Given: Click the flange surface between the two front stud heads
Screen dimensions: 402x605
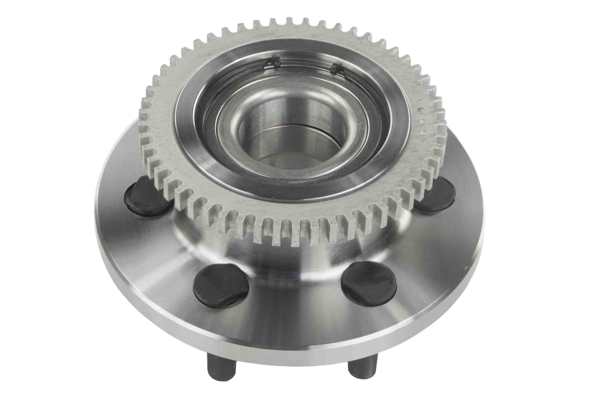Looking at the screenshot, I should (295, 303).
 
